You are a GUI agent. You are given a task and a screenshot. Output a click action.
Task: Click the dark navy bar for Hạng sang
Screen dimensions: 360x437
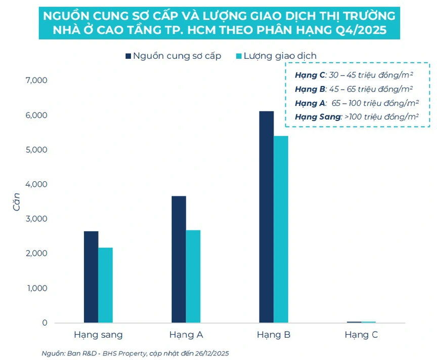91,277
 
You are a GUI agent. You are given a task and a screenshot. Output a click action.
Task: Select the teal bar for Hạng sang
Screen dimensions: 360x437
106,285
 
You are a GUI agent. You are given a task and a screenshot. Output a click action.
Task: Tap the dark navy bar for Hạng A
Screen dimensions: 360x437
179,259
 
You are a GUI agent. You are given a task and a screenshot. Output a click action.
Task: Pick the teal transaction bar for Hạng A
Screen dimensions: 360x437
193,276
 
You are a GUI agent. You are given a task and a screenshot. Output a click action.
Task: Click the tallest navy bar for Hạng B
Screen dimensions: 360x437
267,217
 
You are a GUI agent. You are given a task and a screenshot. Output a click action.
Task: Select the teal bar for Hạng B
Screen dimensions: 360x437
281,229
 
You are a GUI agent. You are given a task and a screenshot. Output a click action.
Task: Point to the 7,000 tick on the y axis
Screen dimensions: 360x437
35,81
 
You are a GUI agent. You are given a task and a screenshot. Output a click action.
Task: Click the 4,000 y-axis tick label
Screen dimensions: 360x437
35,184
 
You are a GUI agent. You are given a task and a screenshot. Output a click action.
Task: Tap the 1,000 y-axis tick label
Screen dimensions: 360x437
35,288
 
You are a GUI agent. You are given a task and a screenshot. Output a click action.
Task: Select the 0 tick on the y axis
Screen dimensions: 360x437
45,323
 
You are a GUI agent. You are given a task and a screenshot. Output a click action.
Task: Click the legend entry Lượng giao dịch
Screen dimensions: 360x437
280,56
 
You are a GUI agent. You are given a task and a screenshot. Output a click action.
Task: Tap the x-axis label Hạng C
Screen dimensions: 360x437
361,335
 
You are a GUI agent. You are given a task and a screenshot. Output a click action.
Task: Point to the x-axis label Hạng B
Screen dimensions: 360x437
274,335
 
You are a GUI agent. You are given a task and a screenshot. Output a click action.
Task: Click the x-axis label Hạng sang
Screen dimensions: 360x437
98,335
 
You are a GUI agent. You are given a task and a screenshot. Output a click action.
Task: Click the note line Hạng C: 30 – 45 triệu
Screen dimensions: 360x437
354,75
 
